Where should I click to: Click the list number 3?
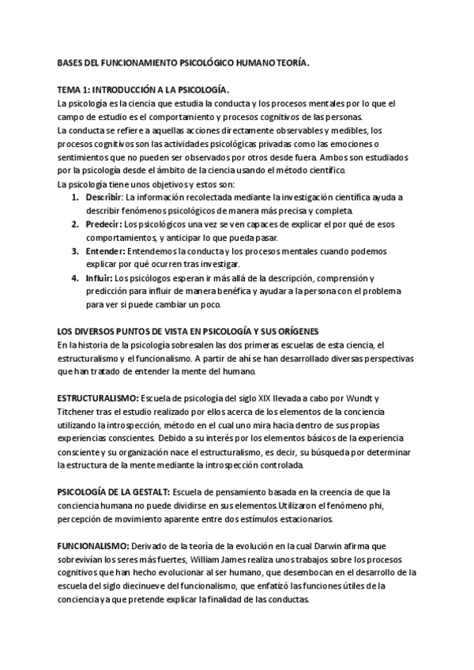[75, 250]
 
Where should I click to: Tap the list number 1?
[75, 195]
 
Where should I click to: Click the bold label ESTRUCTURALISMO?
[98, 396]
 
